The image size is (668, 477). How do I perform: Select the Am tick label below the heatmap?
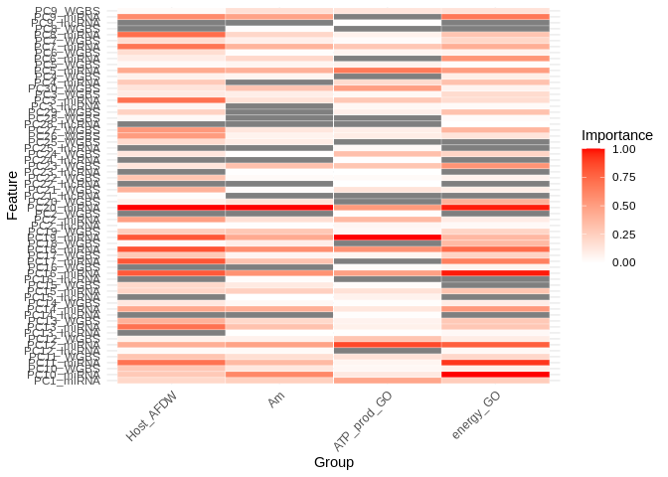pos(277,399)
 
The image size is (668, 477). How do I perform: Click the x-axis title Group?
pos(334,462)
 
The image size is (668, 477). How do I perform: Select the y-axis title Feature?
pos(12,195)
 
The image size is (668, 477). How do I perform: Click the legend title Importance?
pos(616,135)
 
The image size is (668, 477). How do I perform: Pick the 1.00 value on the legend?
pos(624,149)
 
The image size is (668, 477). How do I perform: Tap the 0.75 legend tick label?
pos(624,178)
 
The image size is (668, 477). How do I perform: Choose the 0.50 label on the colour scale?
pos(624,206)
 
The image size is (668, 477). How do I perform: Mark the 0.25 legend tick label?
pos(624,235)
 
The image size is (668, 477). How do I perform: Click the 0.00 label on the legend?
pos(624,262)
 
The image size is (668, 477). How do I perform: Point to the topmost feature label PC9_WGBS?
pos(67,11)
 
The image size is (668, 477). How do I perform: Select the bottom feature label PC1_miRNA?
pos(67,381)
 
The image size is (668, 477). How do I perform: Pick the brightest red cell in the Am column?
pos(279,375)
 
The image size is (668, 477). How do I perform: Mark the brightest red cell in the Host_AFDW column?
pos(171,207)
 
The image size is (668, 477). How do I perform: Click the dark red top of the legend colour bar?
pos(593,151)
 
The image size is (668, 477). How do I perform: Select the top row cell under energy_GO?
pos(495,11)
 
